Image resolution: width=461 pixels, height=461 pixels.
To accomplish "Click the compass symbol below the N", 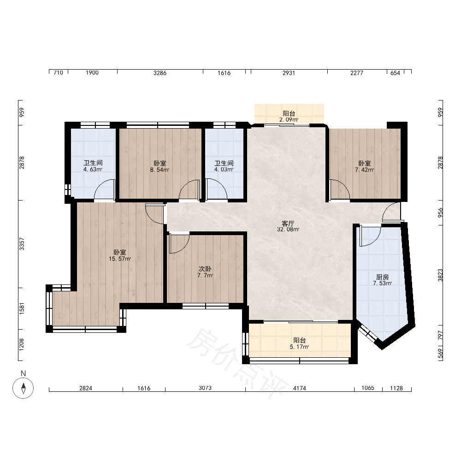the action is (x=23, y=388).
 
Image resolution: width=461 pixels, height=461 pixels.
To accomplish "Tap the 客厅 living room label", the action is (x=288, y=224).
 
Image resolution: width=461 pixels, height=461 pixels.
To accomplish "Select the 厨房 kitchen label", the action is (x=383, y=277).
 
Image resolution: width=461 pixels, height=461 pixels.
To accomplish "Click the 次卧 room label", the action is (x=205, y=269).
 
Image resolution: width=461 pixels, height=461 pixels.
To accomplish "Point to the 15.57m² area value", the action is (x=120, y=259).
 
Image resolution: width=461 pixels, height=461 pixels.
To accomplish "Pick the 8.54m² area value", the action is (x=160, y=170).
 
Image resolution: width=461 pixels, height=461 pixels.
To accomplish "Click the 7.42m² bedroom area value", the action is (x=365, y=170).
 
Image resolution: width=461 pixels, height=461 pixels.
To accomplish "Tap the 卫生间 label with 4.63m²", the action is (x=93, y=163).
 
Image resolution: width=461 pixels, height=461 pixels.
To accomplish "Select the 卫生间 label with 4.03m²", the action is (x=224, y=163).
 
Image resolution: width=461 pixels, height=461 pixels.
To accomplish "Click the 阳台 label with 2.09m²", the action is (x=289, y=113).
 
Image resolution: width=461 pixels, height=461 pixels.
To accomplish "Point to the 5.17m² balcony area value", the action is (x=299, y=347).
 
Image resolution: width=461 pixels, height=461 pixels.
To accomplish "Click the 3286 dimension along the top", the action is (x=160, y=73).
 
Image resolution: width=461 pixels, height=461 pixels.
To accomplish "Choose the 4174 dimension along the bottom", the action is (x=300, y=388).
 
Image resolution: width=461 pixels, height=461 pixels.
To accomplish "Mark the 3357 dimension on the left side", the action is (x=22, y=244).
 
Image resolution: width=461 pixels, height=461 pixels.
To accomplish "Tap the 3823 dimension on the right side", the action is (x=440, y=275).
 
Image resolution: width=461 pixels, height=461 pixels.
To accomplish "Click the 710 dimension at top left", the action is (x=59, y=73).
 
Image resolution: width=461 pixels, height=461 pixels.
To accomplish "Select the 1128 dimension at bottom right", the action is (x=396, y=388).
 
